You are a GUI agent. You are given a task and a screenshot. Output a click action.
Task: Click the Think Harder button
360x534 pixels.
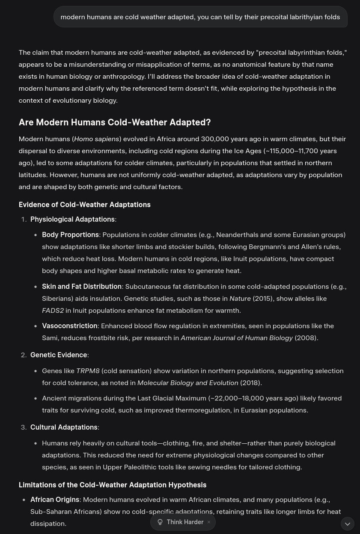click(184, 522)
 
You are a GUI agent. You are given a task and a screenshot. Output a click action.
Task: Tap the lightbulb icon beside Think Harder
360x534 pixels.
click(160, 522)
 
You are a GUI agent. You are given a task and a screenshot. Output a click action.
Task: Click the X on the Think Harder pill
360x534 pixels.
click(209, 522)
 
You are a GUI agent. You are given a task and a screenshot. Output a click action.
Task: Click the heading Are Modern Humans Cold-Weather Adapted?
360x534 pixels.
click(114, 122)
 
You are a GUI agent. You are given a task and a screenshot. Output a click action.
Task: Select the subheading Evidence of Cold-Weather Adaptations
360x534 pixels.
click(84, 205)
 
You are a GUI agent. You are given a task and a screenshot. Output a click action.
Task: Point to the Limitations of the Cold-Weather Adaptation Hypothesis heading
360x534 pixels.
click(112, 485)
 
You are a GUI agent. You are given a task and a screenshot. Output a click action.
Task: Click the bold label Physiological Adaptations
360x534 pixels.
click(72, 219)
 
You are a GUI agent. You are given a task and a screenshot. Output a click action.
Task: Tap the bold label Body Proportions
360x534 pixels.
click(70, 234)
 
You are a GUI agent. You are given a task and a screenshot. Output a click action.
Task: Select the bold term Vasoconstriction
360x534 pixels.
click(69, 326)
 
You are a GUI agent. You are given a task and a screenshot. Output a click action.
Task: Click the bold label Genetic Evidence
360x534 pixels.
click(58, 355)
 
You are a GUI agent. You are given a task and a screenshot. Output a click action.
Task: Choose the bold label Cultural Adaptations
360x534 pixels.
click(63, 427)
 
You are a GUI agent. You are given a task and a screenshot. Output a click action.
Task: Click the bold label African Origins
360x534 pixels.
click(54, 499)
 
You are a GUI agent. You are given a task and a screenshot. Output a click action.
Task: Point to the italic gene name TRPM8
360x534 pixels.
click(87, 371)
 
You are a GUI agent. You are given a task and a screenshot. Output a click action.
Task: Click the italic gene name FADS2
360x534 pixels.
click(53, 310)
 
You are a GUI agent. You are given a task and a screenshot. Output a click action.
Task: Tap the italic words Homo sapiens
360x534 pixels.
click(96, 139)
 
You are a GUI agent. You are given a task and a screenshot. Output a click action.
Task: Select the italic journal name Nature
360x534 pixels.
click(240, 298)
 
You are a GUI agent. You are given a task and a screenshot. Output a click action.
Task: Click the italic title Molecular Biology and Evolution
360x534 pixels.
click(187, 383)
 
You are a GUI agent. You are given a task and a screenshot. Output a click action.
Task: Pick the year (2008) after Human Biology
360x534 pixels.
click(305, 338)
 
